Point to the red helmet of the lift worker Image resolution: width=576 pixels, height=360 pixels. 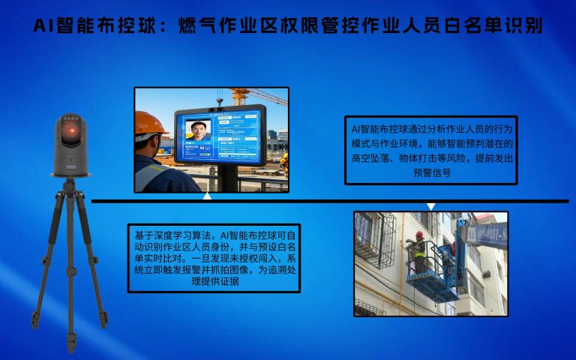pos(419,235)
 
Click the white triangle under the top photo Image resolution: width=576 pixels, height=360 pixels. pos(207,196)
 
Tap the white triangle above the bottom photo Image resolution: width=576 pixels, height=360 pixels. pos(430,206)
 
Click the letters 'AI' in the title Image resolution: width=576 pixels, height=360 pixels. pos(46,27)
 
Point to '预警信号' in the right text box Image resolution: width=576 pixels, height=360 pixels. pos(430,172)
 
